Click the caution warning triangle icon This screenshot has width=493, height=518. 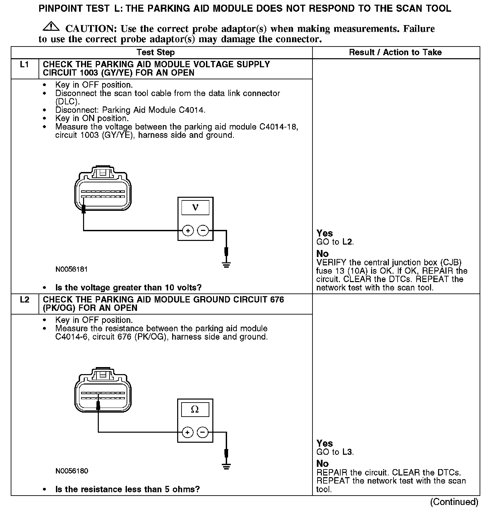tap(51, 26)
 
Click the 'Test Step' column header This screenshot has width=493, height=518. tap(156, 53)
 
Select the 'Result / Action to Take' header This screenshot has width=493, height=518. tap(395, 53)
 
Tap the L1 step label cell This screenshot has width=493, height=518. tap(24, 65)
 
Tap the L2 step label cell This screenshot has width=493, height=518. tap(24, 300)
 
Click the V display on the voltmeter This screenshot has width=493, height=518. tap(195, 207)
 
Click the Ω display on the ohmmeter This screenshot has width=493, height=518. tap(195, 409)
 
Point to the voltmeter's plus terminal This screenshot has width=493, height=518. tap(188, 231)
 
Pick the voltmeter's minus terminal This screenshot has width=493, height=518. tap(203, 231)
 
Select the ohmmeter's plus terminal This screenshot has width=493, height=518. tap(187, 432)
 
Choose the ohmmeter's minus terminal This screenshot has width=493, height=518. tap(202, 432)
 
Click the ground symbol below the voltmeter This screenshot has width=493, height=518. tap(227, 265)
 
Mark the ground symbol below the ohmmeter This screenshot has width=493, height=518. tap(227, 466)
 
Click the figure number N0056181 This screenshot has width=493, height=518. tap(72, 269)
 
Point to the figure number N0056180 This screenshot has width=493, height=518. tap(72, 471)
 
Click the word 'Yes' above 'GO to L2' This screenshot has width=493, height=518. tap(325, 233)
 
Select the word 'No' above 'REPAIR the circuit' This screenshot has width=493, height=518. tap(323, 463)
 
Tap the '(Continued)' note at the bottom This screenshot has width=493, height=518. tap(454, 502)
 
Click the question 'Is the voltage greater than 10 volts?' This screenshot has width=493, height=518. tap(128, 288)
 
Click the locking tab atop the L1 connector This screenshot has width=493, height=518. tap(103, 172)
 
